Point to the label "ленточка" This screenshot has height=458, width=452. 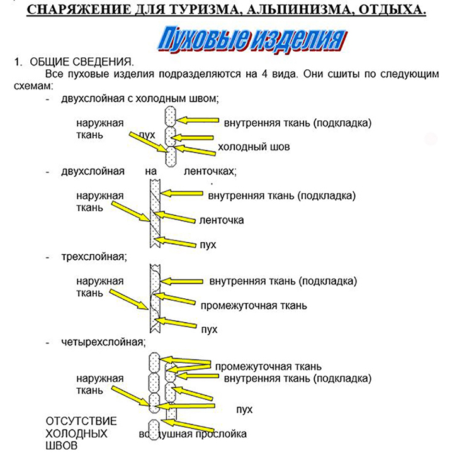221,220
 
